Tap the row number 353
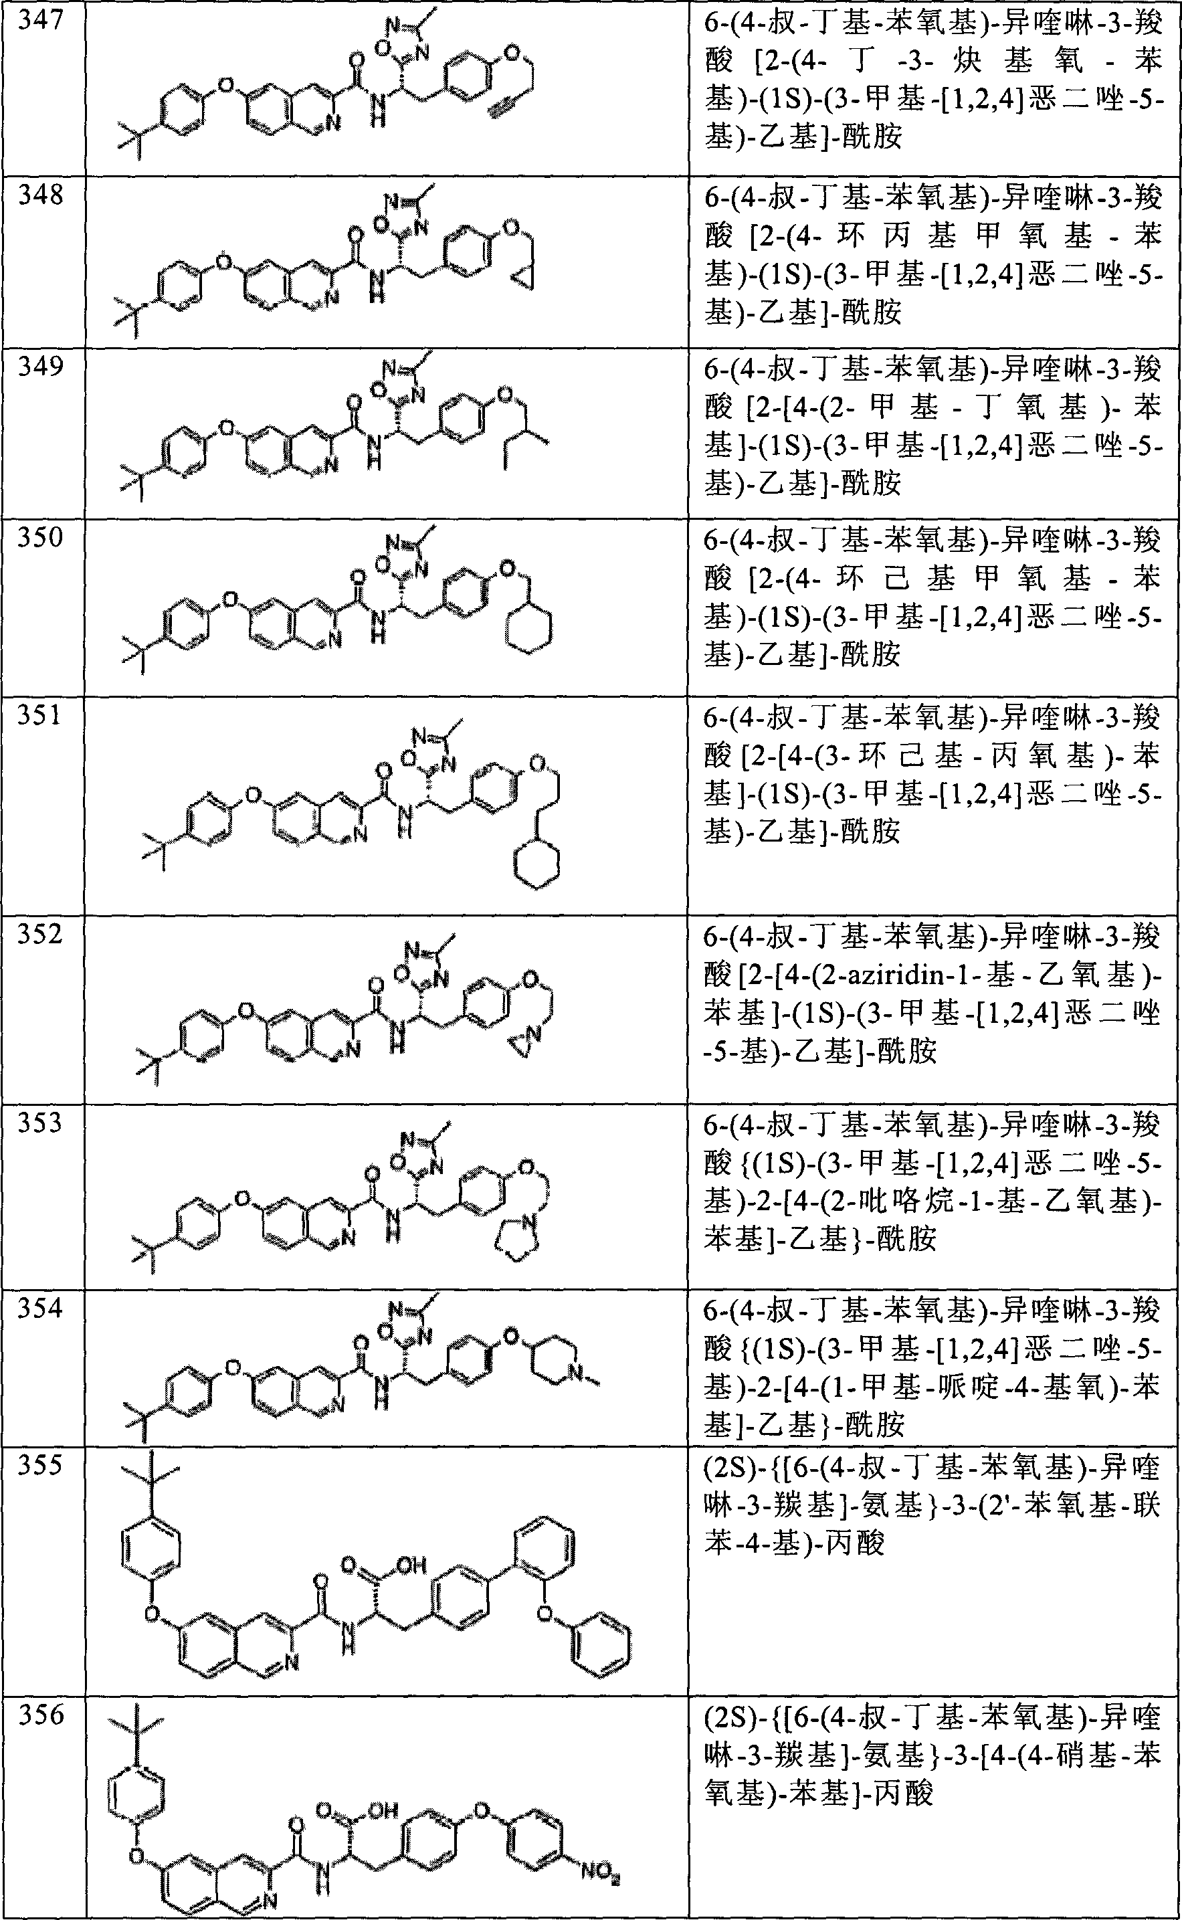point(41,1123)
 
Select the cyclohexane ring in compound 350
point(529,628)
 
